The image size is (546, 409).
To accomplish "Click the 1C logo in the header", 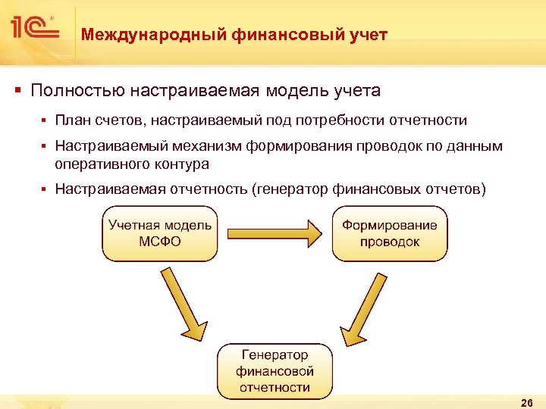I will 35,28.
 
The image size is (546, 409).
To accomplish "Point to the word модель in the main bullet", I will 295,92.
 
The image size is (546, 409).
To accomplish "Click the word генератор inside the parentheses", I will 295,189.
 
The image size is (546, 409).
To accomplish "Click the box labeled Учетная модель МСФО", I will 160,233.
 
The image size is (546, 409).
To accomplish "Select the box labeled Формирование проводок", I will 390,233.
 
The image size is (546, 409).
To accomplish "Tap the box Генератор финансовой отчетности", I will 275,371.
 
